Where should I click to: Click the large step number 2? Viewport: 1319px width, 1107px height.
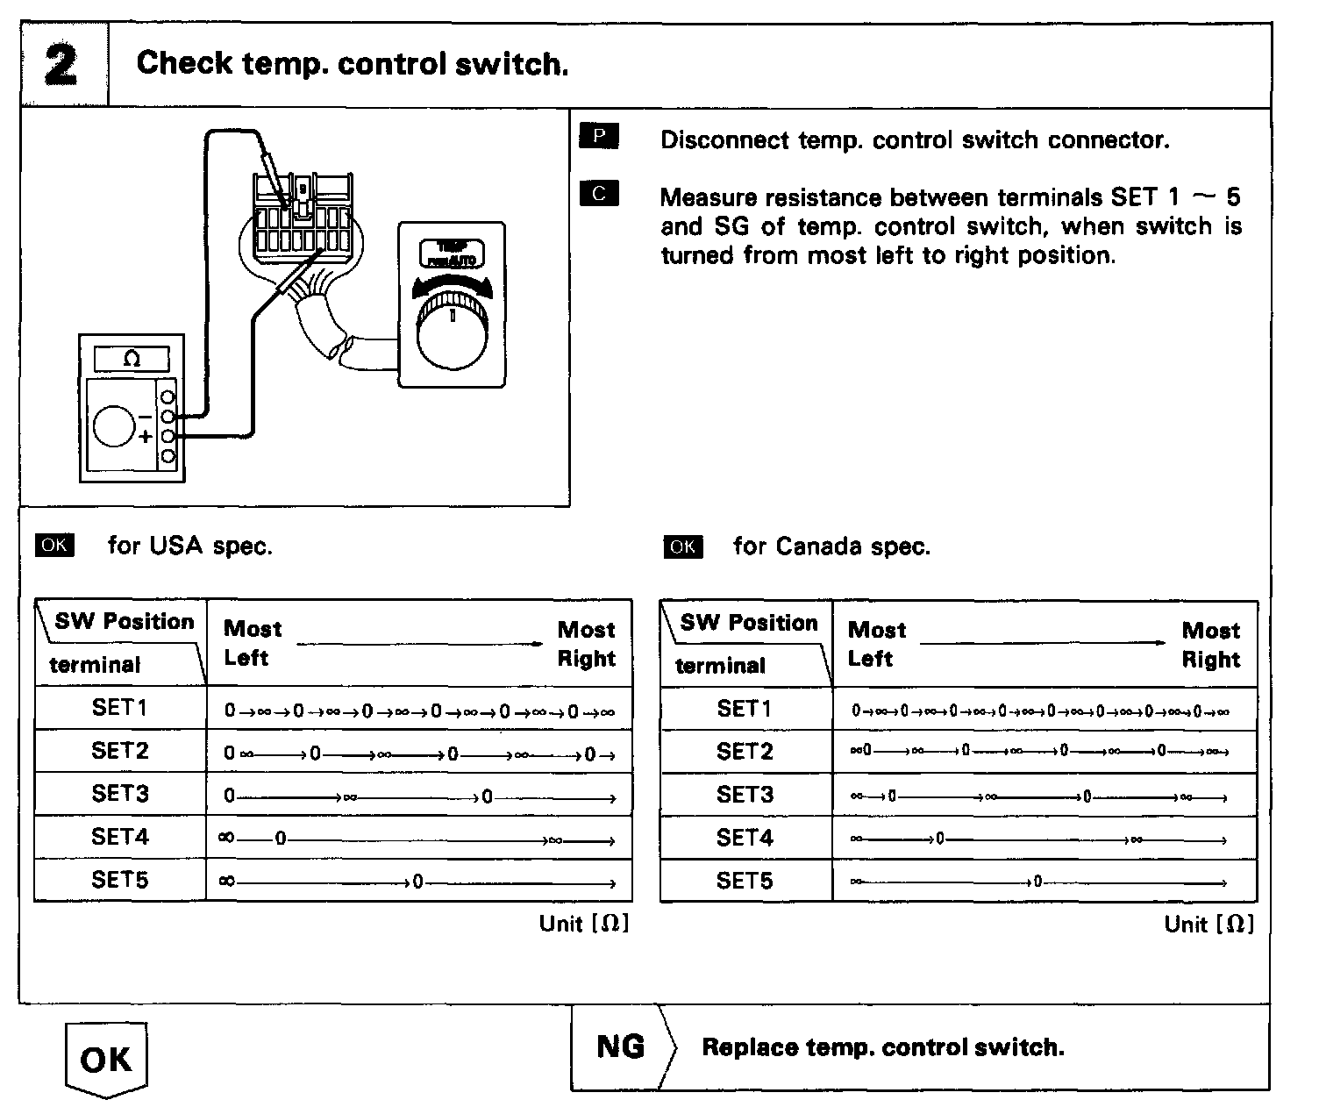tap(61, 66)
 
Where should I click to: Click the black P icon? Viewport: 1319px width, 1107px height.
tap(599, 136)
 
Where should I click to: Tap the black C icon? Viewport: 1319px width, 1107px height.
tap(599, 193)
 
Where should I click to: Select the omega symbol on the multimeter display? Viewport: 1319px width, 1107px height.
tap(132, 359)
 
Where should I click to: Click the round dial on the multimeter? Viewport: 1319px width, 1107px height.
tap(114, 426)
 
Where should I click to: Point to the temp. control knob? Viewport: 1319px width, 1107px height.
tap(453, 333)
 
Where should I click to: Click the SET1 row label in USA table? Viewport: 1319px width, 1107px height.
tap(120, 707)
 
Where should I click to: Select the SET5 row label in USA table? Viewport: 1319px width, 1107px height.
tap(120, 880)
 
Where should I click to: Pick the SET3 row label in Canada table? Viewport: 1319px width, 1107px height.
tap(745, 795)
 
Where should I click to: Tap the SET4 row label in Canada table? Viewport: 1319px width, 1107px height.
tap(745, 838)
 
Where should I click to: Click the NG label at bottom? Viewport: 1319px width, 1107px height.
tap(620, 1046)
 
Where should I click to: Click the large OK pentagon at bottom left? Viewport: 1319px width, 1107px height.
tap(106, 1060)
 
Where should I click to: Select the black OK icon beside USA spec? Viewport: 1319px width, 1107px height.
tap(54, 545)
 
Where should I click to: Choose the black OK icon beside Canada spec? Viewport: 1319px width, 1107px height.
tap(682, 546)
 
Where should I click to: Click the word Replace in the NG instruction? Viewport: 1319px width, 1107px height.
tap(750, 1047)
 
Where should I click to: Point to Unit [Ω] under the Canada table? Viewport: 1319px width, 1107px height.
tap(1208, 924)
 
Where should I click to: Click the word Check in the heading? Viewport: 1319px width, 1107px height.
tap(184, 63)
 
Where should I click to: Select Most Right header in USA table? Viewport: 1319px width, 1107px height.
tap(586, 644)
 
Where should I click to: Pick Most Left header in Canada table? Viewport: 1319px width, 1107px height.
tap(876, 645)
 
